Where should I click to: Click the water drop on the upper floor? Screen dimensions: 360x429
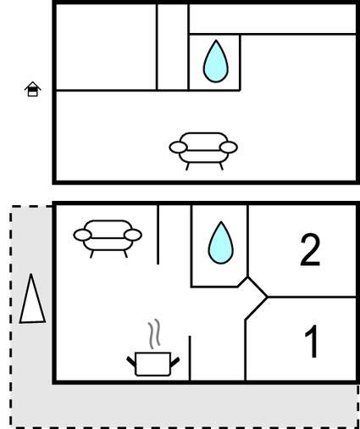tap(215, 61)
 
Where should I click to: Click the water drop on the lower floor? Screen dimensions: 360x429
tap(221, 242)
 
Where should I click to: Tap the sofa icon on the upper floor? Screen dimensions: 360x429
tap(203, 151)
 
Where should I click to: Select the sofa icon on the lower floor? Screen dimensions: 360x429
tap(108, 238)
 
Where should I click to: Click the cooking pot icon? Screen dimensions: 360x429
tap(152, 364)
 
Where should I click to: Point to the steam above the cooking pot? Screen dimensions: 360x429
tap(154, 333)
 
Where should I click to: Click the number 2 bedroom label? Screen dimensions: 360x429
tap(310, 250)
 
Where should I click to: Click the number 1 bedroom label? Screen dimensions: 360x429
tap(312, 342)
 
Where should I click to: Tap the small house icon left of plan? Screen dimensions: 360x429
tap(33, 89)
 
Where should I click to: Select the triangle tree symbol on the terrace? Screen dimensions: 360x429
tap(32, 299)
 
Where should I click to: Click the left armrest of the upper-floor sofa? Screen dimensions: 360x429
tap(178, 148)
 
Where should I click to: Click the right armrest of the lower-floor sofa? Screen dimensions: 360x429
tap(133, 235)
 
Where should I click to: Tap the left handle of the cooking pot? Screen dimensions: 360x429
tap(131, 361)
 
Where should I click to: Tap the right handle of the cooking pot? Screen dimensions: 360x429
tap(174, 362)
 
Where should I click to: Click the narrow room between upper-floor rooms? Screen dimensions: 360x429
tap(172, 47)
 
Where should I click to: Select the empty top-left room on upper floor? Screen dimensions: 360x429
tap(106, 47)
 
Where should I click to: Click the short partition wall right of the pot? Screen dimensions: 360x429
tap(190, 358)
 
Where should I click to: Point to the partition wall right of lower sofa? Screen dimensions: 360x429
tap(158, 235)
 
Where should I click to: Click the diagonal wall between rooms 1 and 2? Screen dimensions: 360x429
tap(258, 287)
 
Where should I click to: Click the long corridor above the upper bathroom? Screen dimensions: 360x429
tap(273, 19)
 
